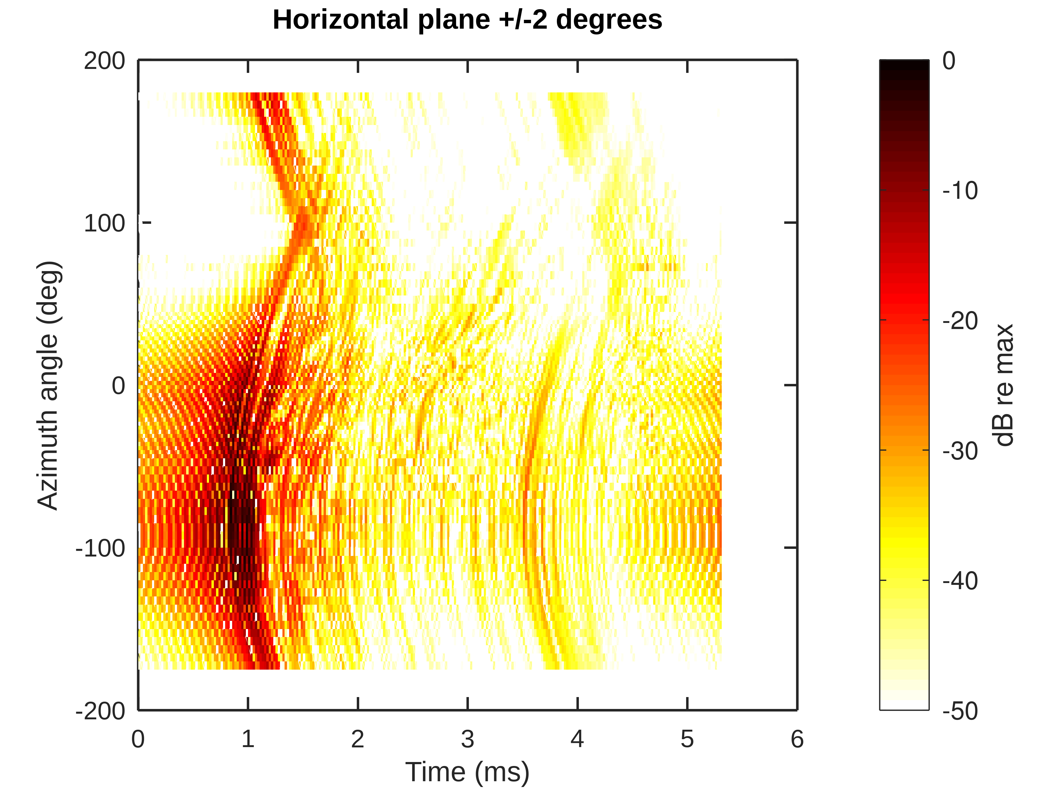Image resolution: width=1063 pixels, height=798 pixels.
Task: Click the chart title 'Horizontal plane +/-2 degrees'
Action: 467,20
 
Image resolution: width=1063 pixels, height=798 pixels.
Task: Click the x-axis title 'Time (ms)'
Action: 467,772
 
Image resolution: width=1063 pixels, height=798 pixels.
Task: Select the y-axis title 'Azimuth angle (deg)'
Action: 48,385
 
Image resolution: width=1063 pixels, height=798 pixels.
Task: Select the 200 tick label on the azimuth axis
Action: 104,61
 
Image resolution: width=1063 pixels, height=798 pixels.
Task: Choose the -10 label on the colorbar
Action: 960,191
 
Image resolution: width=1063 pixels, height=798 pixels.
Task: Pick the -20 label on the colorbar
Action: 960,321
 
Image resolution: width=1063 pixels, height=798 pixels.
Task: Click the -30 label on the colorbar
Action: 960,451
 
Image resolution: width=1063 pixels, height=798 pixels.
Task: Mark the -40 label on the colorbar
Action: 960,581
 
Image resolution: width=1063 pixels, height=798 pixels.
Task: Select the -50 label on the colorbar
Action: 960,711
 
